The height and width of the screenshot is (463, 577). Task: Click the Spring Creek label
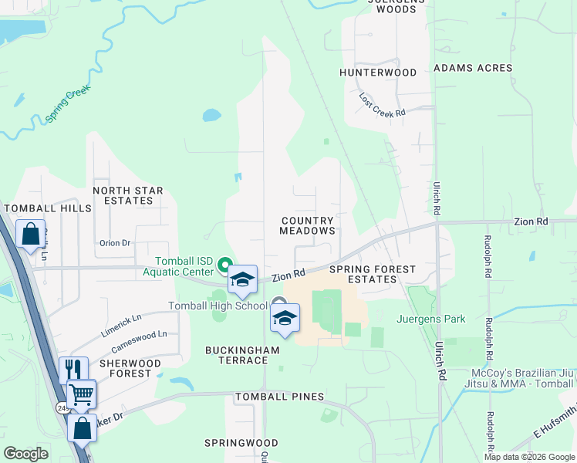[x=68, y=103]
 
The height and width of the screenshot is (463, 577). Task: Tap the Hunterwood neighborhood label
[x=378, y=73]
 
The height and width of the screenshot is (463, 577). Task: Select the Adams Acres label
[x=473, y=68]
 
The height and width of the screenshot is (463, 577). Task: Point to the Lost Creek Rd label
[x=383, y=106]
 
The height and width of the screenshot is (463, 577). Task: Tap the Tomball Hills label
[x=48, y=208]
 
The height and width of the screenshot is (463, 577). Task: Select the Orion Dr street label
[x=116, y=242]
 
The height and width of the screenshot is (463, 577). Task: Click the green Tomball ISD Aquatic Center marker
[x=225, y=266]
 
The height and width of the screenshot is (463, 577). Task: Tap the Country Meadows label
[x=308, y=225]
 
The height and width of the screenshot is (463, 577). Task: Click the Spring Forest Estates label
[x=373, y=274]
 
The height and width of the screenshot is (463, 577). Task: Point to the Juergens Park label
[x=432, y=318]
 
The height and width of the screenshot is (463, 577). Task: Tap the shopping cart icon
[x=81, y=394]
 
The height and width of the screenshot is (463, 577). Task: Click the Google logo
[x=26, y=454]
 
